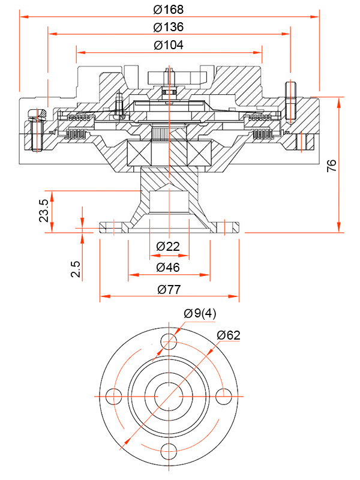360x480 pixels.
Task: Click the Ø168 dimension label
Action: (x=169, y=9)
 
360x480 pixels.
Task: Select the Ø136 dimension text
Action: (x=169, y=27)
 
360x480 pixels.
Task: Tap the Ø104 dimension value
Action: (x=169, y=45)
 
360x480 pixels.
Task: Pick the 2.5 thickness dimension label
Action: (x=76, y=269)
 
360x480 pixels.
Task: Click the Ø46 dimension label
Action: (x=168, y=267)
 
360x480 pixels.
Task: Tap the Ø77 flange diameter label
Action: (x=169, y=289)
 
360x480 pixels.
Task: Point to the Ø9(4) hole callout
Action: (x=200, y=313)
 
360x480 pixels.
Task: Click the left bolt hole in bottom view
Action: (x=113, y=397)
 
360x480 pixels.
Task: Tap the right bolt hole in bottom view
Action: (x=224, y=397)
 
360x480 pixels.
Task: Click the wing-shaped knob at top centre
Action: (x=169, y=77)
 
